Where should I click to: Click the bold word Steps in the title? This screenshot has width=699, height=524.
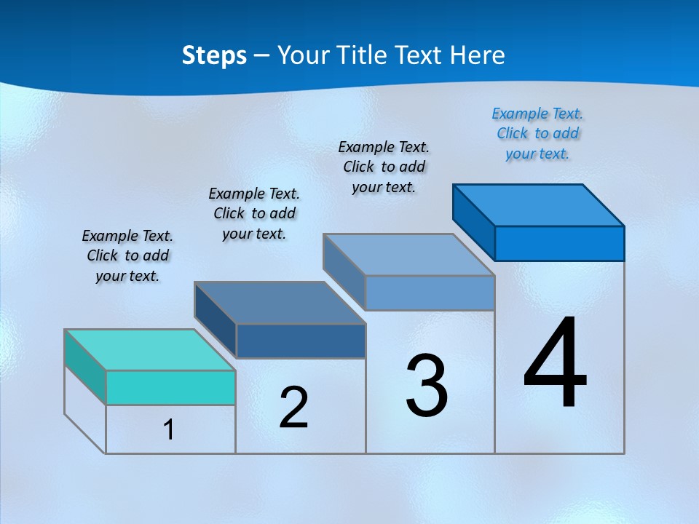214,56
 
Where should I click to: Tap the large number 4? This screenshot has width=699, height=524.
555,364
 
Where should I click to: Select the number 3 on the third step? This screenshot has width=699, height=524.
427,386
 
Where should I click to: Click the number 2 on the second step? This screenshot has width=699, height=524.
293,407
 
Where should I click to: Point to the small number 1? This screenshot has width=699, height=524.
168,429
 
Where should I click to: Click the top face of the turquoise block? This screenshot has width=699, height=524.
150,350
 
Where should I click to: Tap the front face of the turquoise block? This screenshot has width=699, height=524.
170,387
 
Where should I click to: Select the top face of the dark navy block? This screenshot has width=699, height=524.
280,303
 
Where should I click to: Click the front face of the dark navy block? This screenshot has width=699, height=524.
301,341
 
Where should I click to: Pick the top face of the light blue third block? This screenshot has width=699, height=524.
409,255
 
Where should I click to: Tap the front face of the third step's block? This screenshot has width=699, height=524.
430,293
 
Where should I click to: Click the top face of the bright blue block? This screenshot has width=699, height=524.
539,205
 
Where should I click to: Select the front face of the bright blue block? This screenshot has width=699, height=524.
559,243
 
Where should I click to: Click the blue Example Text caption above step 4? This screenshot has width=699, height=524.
537,133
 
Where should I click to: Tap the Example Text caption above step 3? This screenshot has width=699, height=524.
384,167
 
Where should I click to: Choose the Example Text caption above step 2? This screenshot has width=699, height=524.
254,213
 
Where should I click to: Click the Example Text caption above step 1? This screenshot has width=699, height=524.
127,255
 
